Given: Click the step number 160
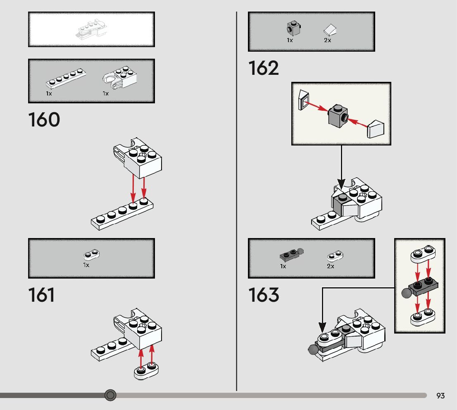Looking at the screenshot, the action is [x=44, y=119].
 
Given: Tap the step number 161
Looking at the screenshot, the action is [x=41, y=295].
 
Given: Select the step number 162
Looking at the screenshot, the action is [x=264, y=68].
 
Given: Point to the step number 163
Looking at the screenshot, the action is [x=264, y=295].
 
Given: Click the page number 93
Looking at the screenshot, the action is [x=440, y=396].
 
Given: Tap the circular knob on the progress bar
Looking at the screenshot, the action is [x=110, y=395].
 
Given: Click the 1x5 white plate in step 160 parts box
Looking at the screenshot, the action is [x=66, y=79].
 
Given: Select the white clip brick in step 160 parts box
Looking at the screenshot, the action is [x=120, y=77].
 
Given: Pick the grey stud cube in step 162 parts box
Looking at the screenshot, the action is [x=293, y=29].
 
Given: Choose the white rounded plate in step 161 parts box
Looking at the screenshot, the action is [x=91, y=255].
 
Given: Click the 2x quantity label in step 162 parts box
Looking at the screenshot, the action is [x=328, y=40].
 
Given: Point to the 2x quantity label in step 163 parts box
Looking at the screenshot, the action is [x=331, y=266].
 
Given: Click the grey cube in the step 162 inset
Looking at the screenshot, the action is [x=338, y=116].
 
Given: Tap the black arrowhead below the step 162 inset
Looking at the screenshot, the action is [x=341, y=184].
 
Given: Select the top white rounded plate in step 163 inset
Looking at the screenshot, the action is [x=423, y=254].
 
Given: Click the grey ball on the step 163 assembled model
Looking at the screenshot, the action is [x=313, y=350].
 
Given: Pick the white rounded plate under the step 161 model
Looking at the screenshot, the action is [x=146, y=370].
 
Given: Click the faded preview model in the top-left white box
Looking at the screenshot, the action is [x=92, y=29].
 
